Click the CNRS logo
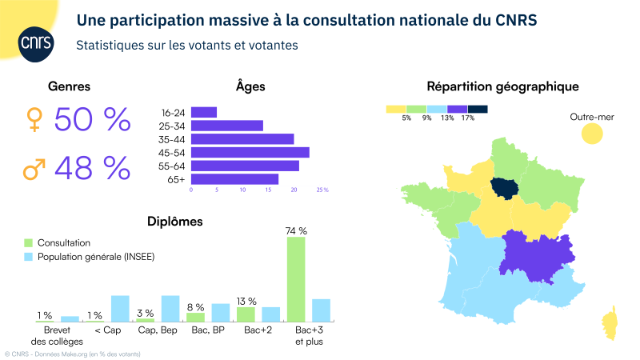(x=34, y=40)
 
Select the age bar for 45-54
(x=250, y=152)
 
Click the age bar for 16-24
(x=203, y=112)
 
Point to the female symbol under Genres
(x=34, y=120)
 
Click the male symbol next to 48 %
(x=34, y=169)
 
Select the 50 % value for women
(x=92, y=120)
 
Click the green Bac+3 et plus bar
(x=296, y=279)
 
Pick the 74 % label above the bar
(x=296, y=230)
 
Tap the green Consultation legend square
(x=29, y=242)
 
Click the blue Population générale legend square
(x=29, y=257)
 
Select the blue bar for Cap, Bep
(x=170, y=308)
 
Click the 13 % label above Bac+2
(x=246, y=301)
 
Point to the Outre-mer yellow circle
(x=591, y=134)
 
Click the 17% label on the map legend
(x=468, y=118)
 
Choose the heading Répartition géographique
(x=502, y=86)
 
